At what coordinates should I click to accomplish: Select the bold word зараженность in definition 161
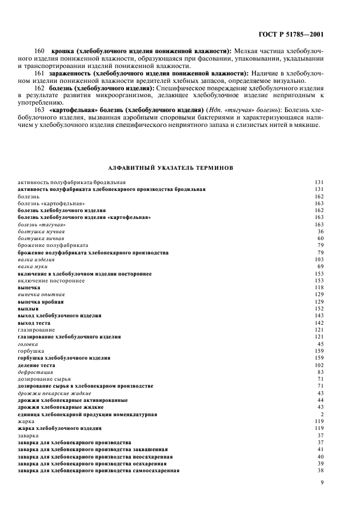tap(67, 74)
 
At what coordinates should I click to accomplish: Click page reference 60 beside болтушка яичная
tap(321, 238)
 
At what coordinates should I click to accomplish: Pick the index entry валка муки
tap(33, 266)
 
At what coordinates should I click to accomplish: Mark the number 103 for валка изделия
tap(319, 260)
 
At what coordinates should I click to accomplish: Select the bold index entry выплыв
tap(28, 308)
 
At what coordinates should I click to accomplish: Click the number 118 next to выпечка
tap(319, 288)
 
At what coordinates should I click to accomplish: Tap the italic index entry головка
tap(28, 344)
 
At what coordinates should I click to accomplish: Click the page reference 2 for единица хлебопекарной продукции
tap(322, 414)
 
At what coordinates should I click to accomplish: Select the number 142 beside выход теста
tap(319, 322)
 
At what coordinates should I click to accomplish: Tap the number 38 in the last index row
tap(321, 471)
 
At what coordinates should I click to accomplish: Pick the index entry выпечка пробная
tap(41, 301)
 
